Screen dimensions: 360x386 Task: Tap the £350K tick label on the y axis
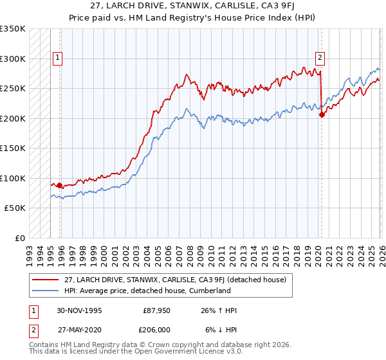pyautogui.click(x=13, y=29)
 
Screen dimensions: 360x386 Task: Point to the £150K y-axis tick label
pyautogui.click(x=13, y=148)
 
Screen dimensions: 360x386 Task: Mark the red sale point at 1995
pyautogui.click(x=60, y=185)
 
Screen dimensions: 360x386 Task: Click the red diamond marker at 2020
pyautogui.click(x=322, y=115)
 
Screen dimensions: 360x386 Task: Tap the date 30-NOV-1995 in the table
pyautogui.click(x=78, y=310)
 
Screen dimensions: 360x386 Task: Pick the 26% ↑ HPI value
pyautogui.click(x=219, y=310)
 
